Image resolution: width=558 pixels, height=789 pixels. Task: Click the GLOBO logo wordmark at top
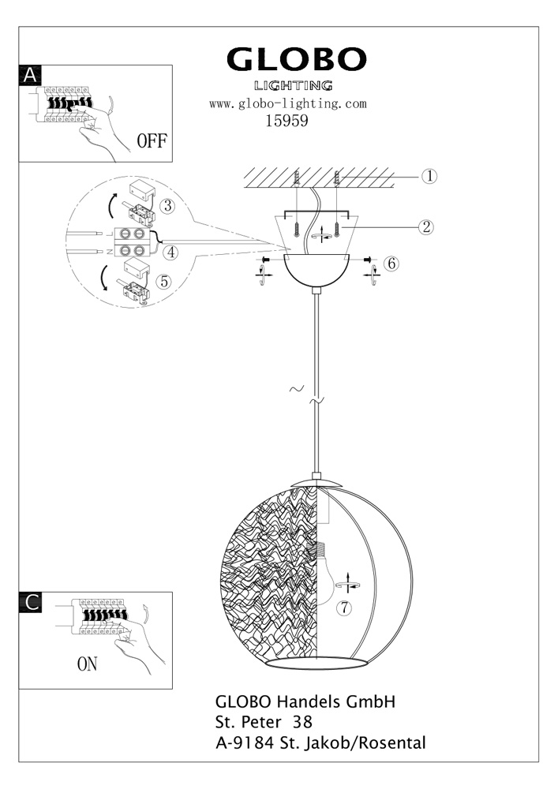(x=296, y=59)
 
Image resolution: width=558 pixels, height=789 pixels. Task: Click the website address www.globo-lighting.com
(x=288, y=104)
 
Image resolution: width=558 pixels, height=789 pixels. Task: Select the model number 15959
(x=286, y=121)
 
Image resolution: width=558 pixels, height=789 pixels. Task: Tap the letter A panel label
(x=30, y=75)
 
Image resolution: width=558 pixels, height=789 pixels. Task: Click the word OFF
(x=152, y=141)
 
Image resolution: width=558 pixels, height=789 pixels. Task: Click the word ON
(x=87, y=664)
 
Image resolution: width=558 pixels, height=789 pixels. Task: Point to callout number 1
(x=429, y=176)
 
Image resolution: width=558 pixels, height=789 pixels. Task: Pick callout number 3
(x=167, y=206)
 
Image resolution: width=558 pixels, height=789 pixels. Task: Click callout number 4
(x=171, y=252)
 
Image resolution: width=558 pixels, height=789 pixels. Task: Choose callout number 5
(x=163, y=282)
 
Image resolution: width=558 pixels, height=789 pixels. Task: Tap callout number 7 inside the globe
(x=344, y=608)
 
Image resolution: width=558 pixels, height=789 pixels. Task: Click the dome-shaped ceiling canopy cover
(x=316, y=270)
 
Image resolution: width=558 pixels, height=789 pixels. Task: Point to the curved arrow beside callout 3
(x=112, y=205)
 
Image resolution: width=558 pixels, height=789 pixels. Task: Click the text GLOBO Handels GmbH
(x=305, y=702)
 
